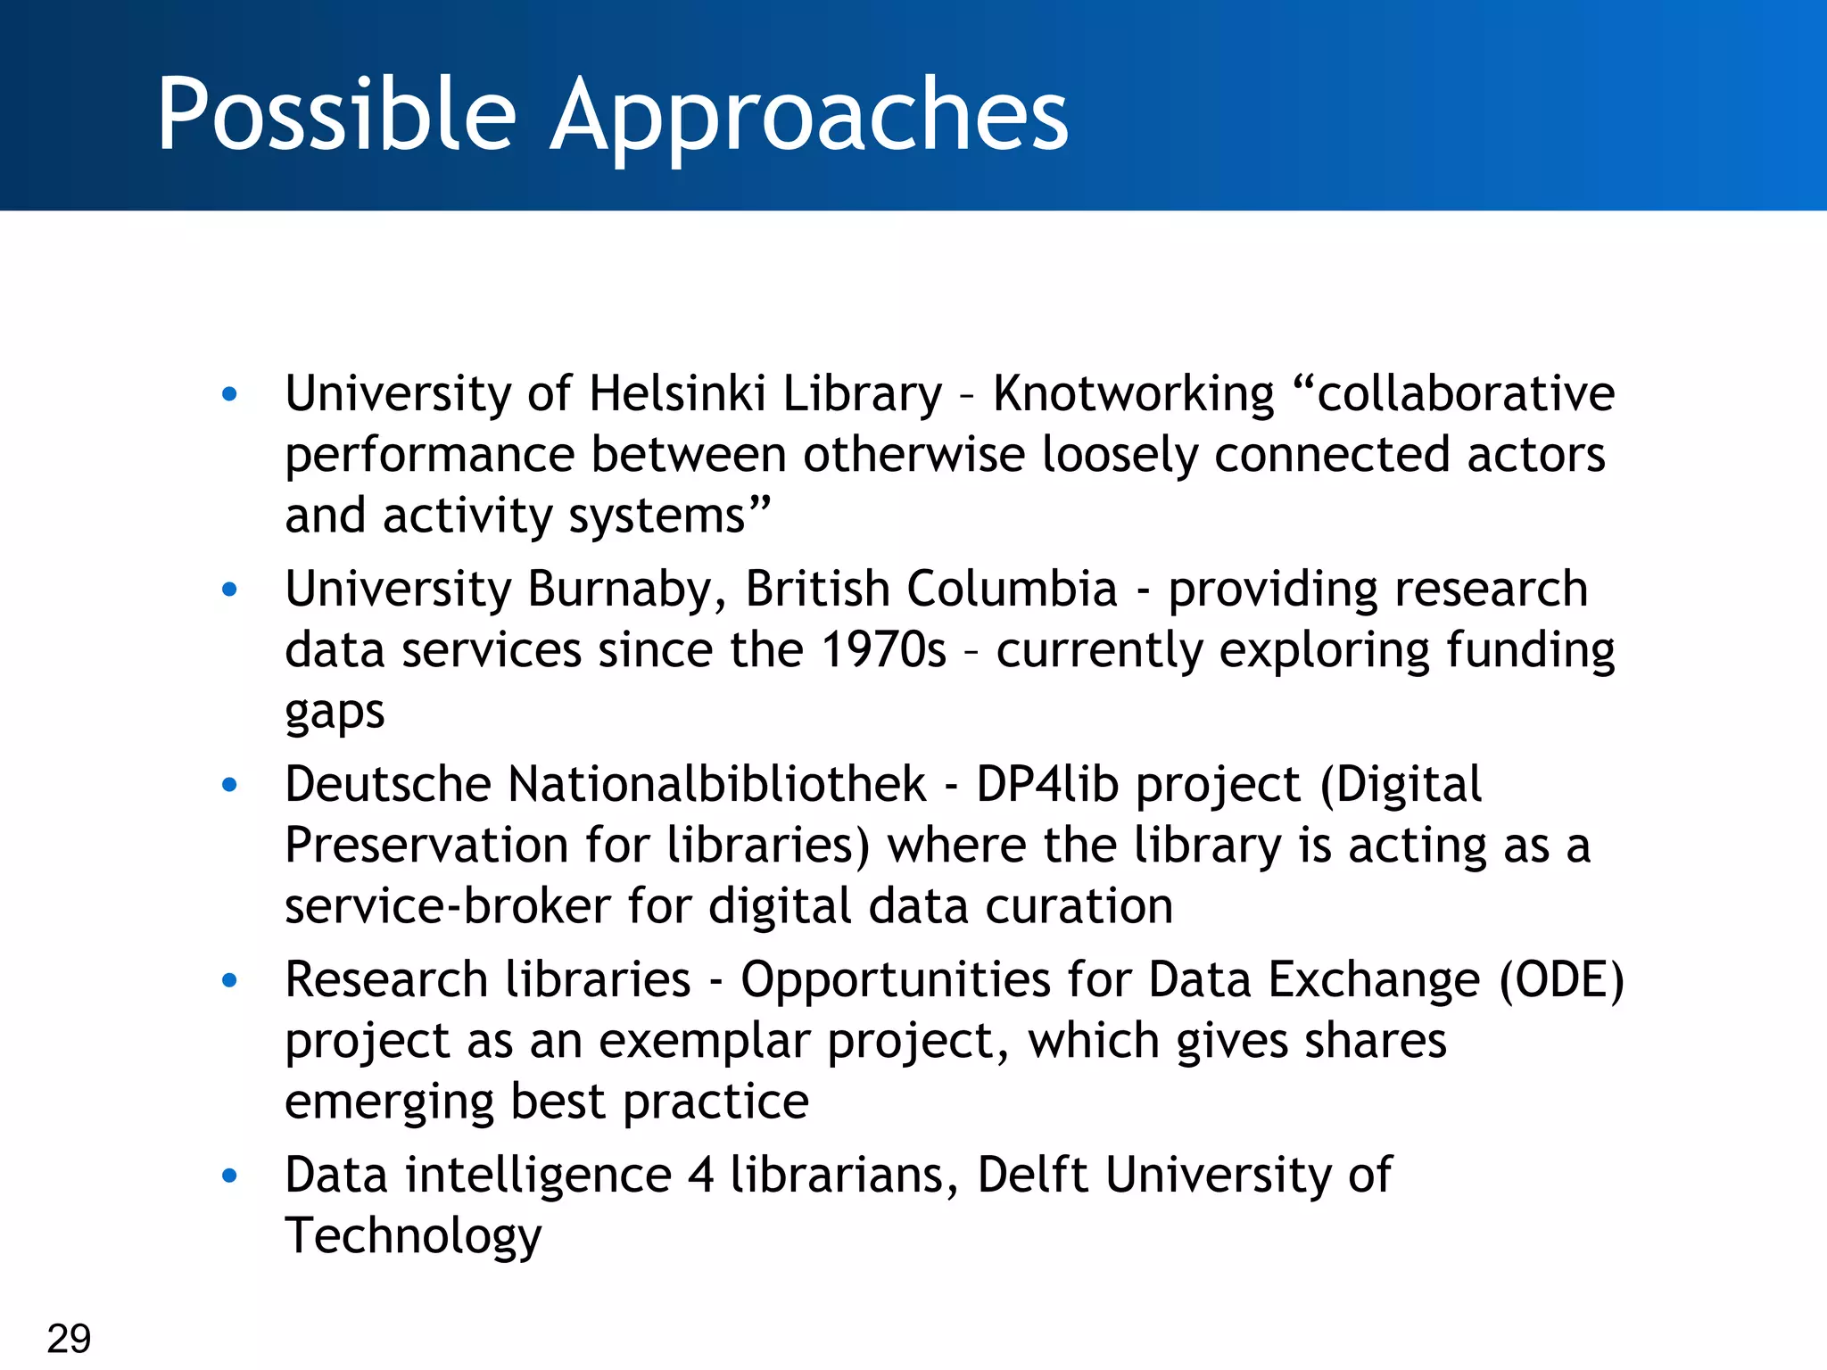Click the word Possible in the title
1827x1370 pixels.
coord(336,114)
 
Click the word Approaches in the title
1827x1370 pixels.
coord(808,116)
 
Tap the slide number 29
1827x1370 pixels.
coord(69,1338)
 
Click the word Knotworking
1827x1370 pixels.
coord(1134,393)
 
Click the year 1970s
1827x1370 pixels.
coord(882,649)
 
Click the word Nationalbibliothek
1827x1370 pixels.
coord(716,784)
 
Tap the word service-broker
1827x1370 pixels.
coord(447,906)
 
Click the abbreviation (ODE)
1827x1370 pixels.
coord(1561,979)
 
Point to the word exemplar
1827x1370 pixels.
coord(704,1041)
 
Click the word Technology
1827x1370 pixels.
coord(413,1236)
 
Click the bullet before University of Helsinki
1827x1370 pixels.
coord(230,394)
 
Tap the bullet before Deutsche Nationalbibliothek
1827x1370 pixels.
coord(230,785)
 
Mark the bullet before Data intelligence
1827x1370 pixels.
coord(230,1176)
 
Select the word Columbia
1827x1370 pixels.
coord(1012,590)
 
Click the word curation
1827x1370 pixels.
coord(1079,906)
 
